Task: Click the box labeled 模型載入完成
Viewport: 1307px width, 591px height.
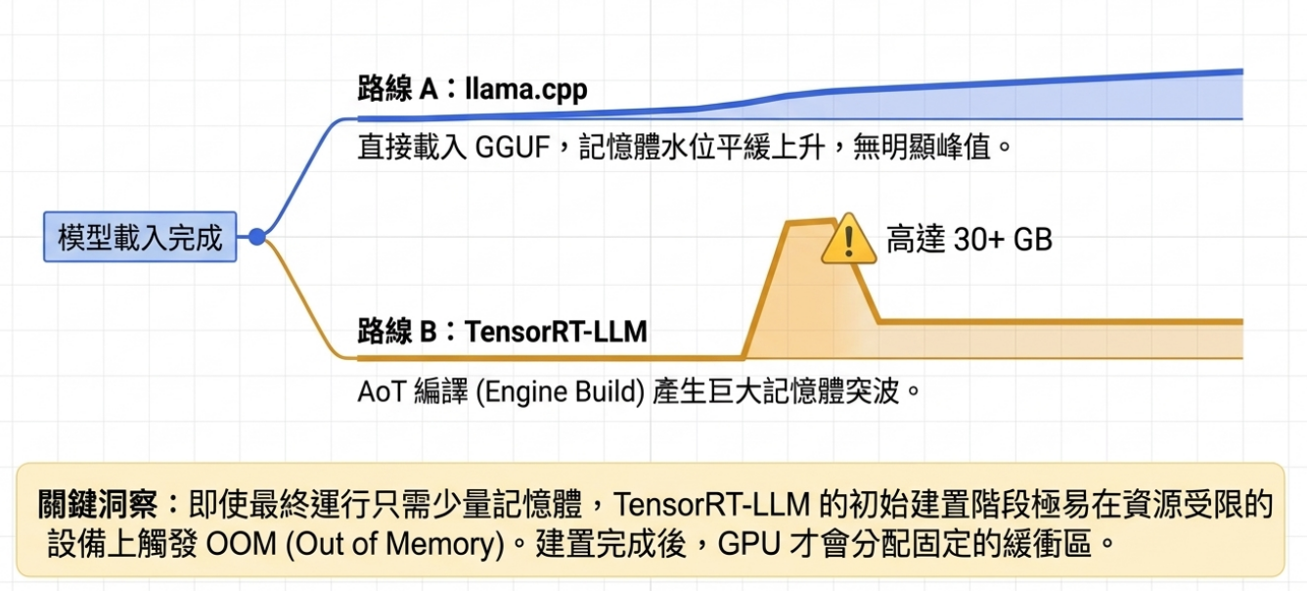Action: point(140,237)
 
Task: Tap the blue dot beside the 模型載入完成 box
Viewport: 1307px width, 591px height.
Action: point(257,237)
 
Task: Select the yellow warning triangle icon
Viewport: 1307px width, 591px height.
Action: point(848,240)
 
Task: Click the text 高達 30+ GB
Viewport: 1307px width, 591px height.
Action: point(969,240)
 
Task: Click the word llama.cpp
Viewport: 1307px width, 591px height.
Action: point(529,91)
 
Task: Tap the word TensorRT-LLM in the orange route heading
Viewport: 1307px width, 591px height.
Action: point(556,332)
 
